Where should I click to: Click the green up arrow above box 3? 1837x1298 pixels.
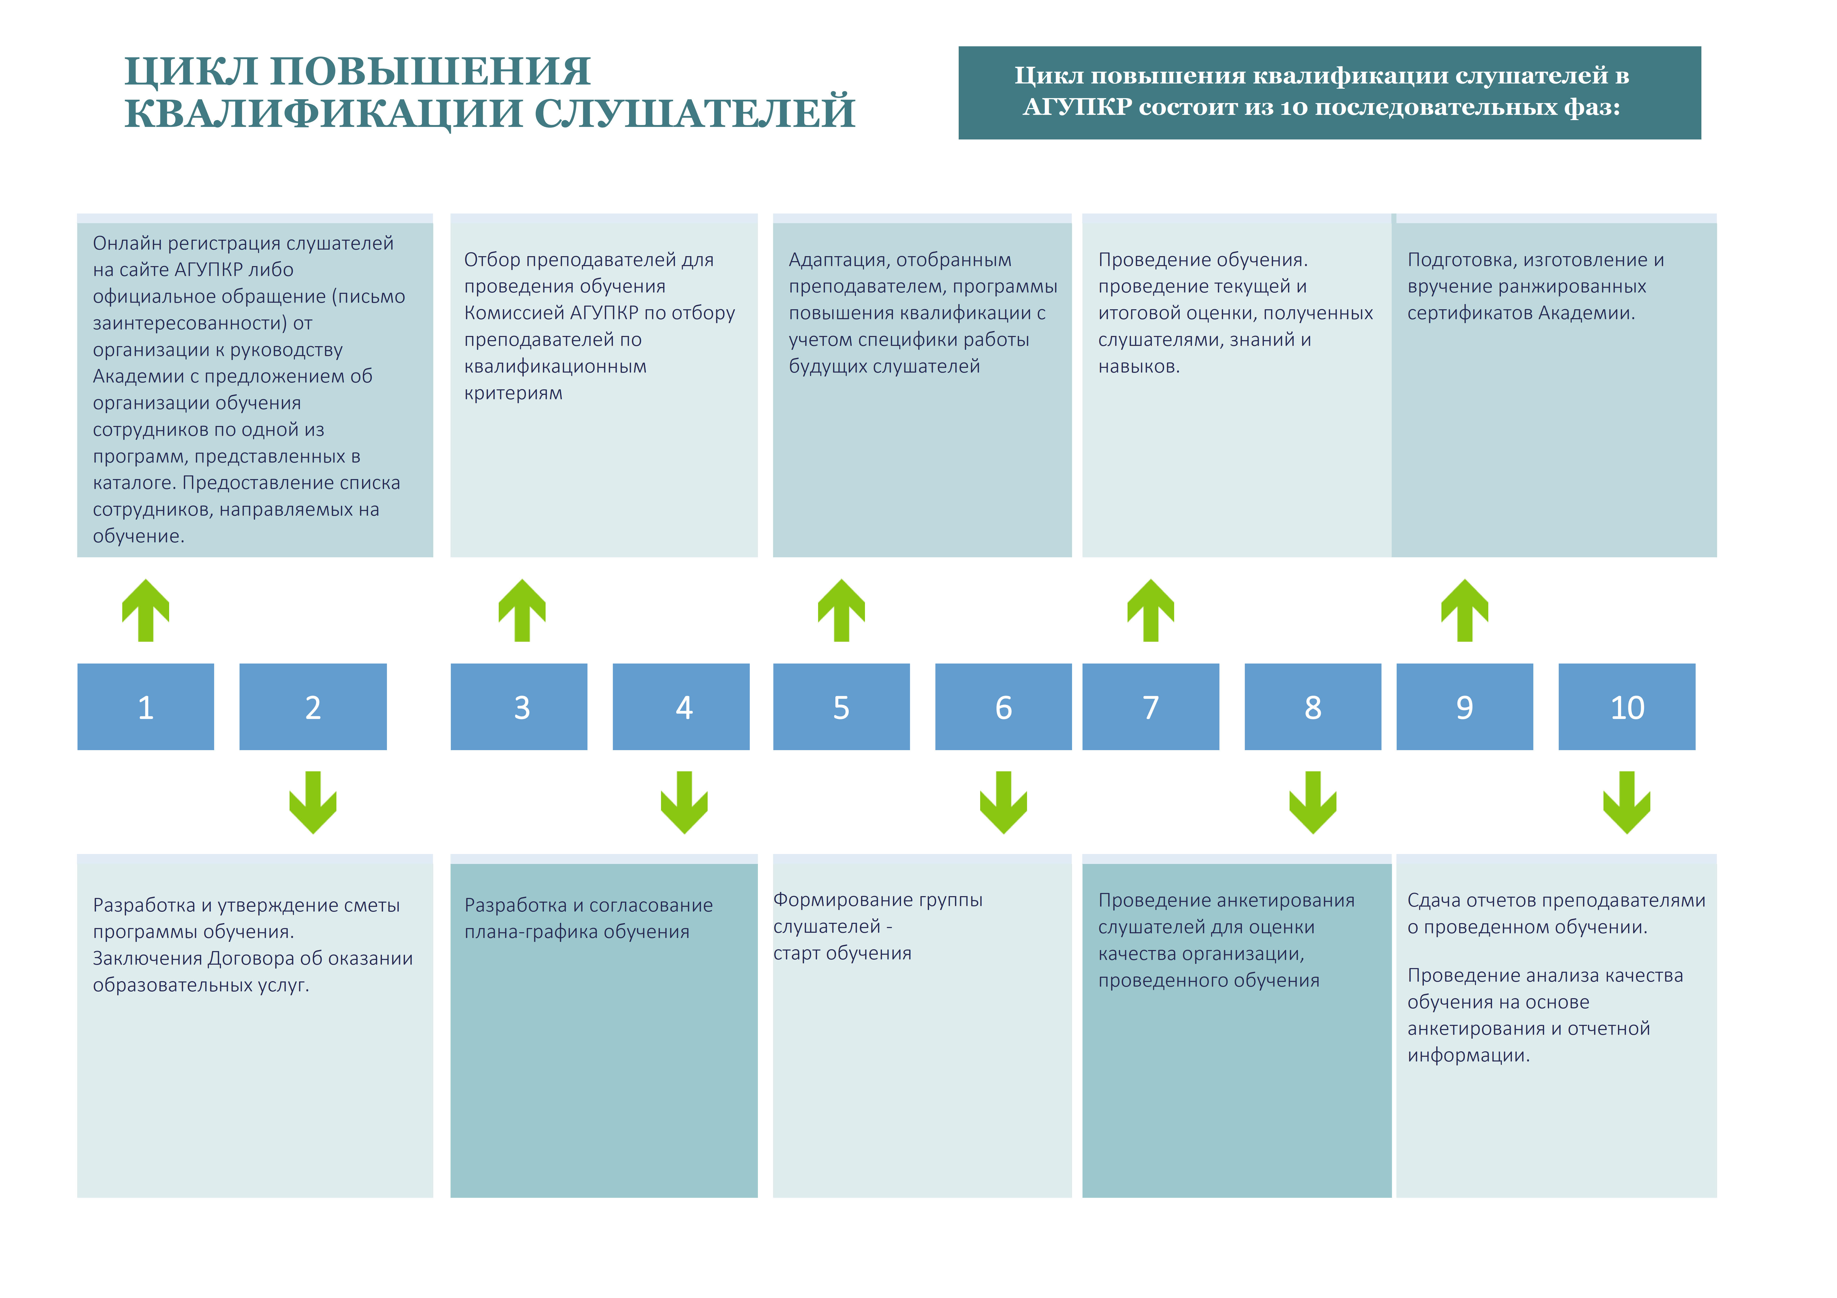[522, 610]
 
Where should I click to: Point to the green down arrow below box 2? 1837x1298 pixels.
[313, 802]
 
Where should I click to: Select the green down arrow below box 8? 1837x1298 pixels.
[1313, 802]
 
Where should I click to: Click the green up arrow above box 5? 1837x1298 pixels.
[842, 610]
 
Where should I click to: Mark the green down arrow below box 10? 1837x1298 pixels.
[1627, 802]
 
